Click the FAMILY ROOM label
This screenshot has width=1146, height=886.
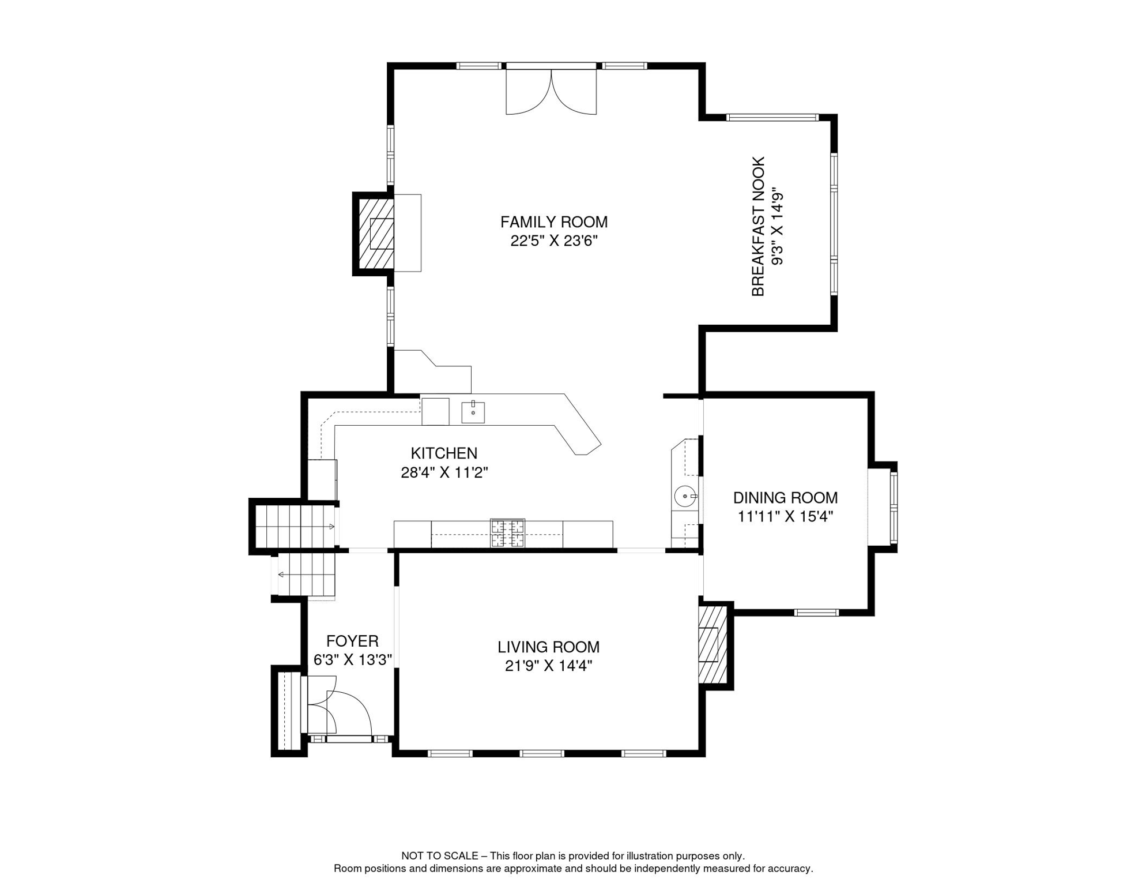[x=553, y=222]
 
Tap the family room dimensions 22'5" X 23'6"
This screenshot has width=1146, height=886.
[x=553, y=241]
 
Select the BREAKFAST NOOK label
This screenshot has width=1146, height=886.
[x=758, y=226]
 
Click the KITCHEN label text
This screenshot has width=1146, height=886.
[x=444, y=453]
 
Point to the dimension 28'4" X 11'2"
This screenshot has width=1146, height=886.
[x=444, y=473]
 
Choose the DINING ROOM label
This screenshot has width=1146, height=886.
[x=785, y=498]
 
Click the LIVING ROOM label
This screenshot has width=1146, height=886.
[x=548, y=647]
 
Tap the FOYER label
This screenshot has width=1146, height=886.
[x=352, y=641]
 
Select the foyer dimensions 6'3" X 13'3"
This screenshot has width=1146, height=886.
[x=352, y=660]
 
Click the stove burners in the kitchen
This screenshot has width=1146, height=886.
[x=507, y=533]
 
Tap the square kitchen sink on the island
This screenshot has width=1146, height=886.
[x=473, y=412]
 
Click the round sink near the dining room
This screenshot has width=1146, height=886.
[x=684, y=496]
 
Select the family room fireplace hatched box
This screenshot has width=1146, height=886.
[x=376, y=233]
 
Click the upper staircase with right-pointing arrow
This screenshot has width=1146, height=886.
[x=295, y=525]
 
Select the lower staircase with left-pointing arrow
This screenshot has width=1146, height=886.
[x=306, y=575]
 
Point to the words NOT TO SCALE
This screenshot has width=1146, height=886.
[x=439, y=856]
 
